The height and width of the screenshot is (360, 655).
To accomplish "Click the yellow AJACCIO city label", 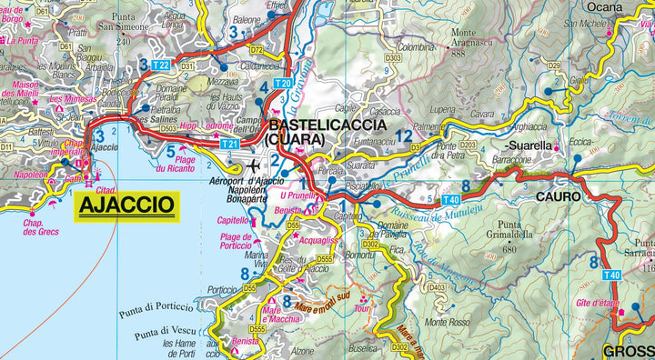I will [x=126, y=204].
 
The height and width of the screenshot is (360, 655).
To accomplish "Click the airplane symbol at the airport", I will [x=253, y=166].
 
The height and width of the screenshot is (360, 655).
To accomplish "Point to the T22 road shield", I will [x=161, y=65].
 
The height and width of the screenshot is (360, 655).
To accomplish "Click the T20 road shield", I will [x=282, y=84].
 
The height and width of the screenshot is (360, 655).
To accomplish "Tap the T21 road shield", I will [x=230, y=144].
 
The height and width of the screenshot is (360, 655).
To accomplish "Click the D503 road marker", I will [x=168, y=129].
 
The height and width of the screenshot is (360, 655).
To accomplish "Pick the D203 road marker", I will [x=468, y=144].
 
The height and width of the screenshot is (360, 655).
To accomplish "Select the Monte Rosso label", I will [x=446, y=322].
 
